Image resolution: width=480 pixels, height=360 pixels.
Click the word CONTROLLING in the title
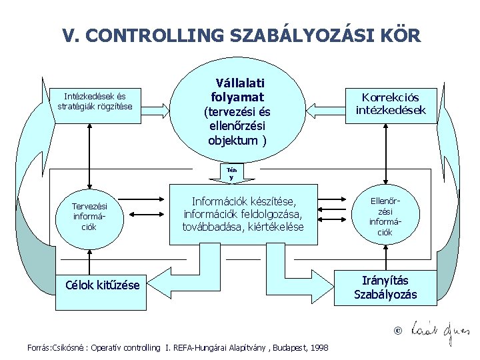point(159,35)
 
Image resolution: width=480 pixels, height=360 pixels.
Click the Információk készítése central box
point(243,215)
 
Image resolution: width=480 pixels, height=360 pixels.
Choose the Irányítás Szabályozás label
point(385,288)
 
